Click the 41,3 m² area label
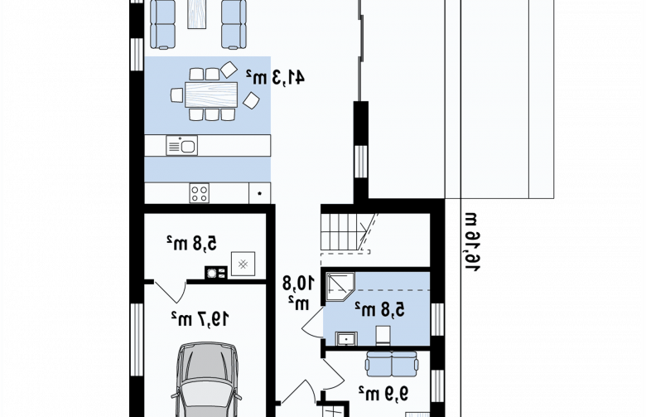click(x=275, y=77)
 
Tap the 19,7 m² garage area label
click(x=200, y=318)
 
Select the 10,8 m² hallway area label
click(x=298, y=293)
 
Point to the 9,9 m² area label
click(x=383, y=393)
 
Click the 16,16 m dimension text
click(x=473, y=242)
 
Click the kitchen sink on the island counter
click(x=181, y=146)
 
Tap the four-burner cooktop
click(x=199, y=193)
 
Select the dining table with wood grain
click(x=211, y=95)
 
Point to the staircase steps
click(x=341, y=231)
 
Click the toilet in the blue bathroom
click(x=383, y=335)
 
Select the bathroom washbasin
click(x=346, y=338)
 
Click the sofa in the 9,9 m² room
click(x=392, y=363)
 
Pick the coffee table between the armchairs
click(x=197, y=14)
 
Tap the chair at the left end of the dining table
click(x=177, y=95)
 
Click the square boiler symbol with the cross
click(x=243, y=264)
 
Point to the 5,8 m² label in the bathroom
click(x=380, y=309)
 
